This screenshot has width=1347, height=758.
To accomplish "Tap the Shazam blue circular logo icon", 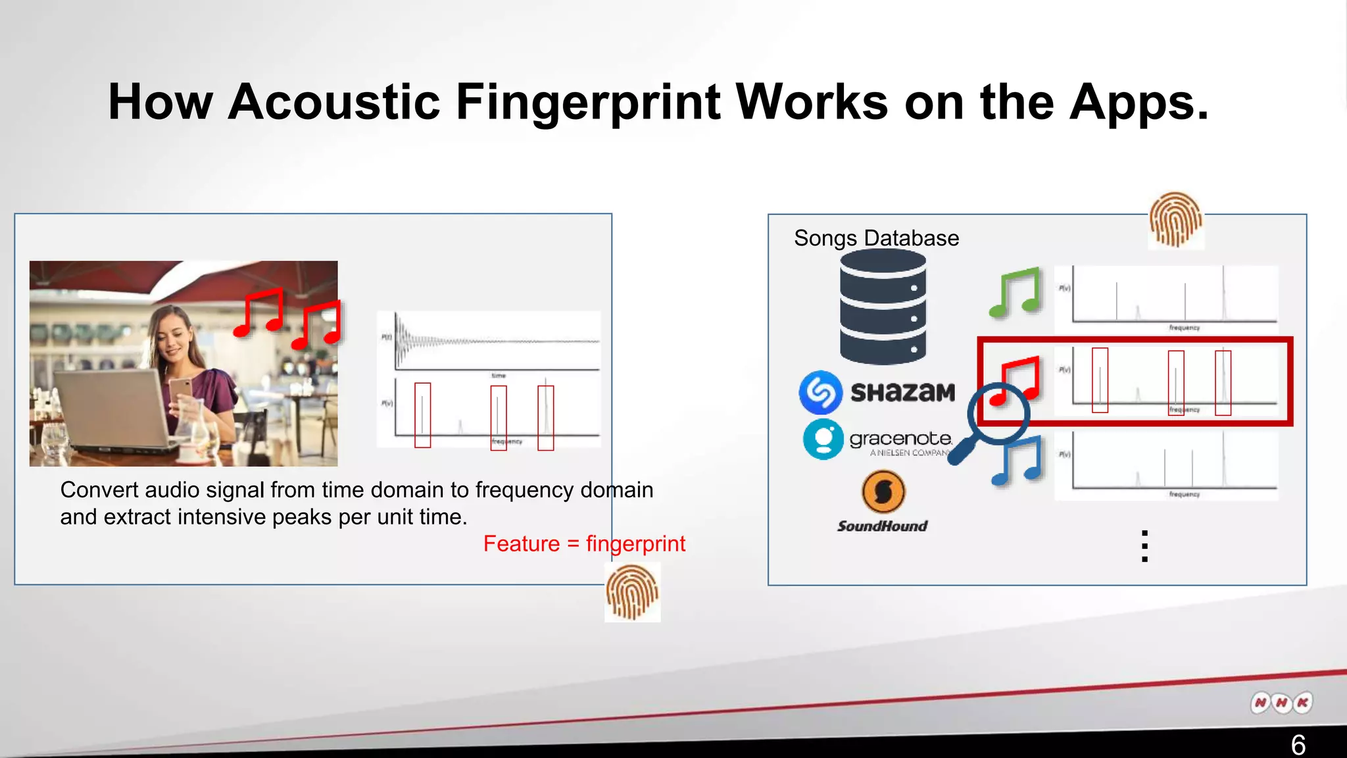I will tap(820, 392).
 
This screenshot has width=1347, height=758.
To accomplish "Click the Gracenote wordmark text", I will tap(900, 438).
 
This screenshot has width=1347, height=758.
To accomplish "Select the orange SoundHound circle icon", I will tap(883, 492).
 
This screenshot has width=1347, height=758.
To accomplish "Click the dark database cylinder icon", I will tap(883, 307).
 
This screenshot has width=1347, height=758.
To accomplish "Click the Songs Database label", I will tap(876, 238).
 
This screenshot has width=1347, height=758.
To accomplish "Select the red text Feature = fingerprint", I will tap(584, 543).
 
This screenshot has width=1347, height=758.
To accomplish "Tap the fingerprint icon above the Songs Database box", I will tap(1175, 220).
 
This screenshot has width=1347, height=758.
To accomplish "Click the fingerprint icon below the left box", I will tap(632, 594).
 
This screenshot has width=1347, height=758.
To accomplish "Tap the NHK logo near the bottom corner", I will tap(1281, 703).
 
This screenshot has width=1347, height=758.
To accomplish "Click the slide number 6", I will tap(1298, 744).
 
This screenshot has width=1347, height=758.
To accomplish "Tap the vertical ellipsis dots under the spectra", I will tap(1144, 546).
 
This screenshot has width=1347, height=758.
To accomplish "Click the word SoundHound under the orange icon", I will tap(882, 526).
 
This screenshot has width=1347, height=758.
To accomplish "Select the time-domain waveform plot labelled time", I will tap(497, 342).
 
